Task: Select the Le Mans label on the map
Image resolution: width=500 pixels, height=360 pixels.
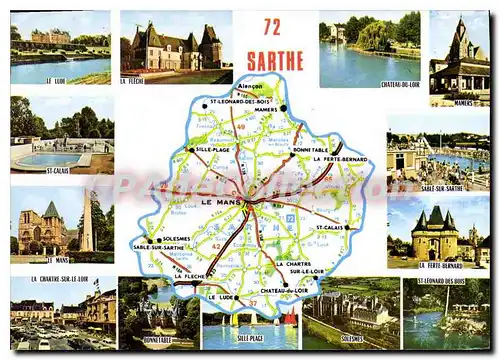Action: [221, 202]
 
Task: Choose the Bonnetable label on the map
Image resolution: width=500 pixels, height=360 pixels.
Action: [310, 148]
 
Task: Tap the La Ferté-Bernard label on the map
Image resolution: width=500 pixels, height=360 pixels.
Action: [340, 159]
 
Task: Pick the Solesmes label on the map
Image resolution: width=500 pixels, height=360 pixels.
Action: [179, 239]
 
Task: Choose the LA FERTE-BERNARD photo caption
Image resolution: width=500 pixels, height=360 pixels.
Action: [441, 266]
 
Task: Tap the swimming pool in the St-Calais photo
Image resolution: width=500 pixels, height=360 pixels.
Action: [50, 159]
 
